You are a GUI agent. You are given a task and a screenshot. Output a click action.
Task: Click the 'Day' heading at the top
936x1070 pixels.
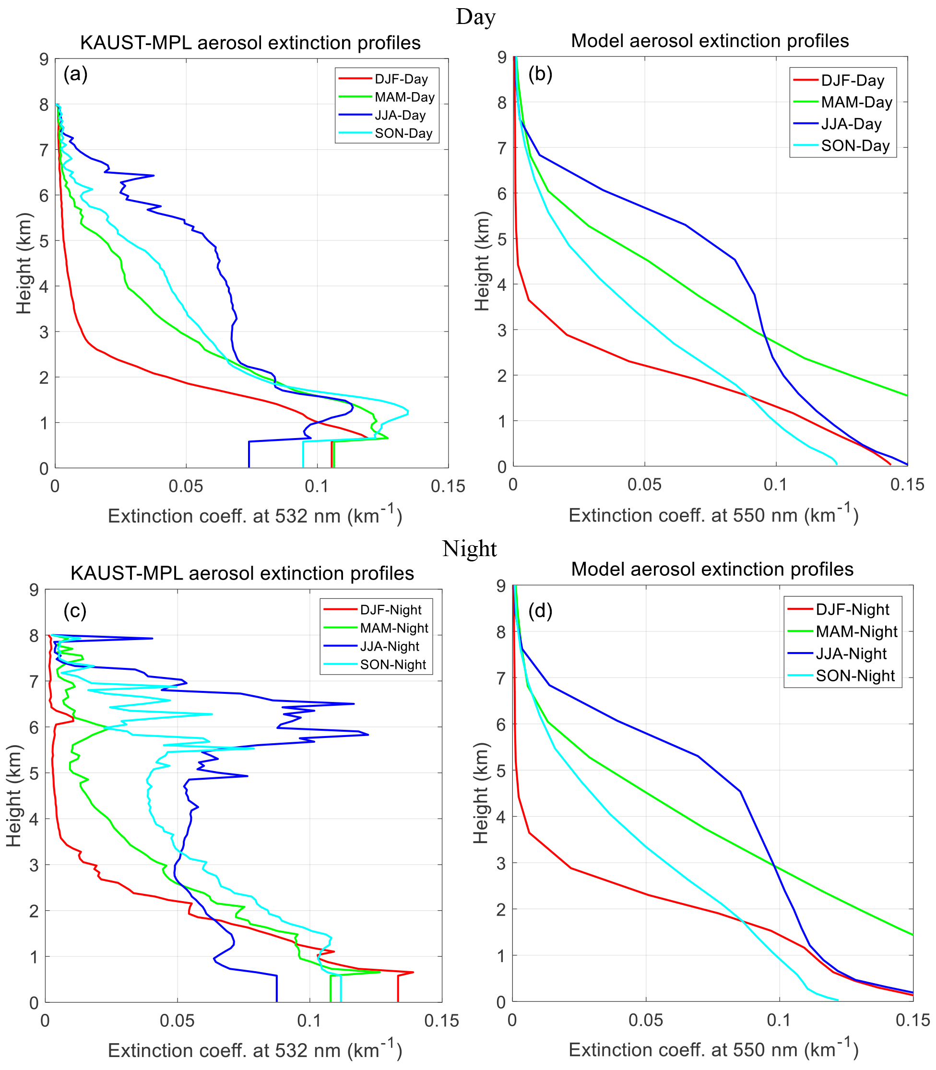pos(475,17)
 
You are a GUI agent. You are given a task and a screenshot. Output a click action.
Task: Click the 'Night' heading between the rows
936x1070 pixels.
pos(469,549)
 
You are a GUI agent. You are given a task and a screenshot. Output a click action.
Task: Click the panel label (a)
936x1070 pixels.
pos(75,74)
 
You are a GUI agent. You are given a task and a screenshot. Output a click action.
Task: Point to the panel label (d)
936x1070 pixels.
pos(540,610)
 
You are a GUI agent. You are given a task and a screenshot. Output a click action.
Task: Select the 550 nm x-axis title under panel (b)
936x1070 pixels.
pos(713,515)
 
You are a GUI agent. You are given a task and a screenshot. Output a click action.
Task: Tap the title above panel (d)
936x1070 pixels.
pos(712,569)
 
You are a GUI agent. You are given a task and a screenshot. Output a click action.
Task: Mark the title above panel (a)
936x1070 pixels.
pos(250,43)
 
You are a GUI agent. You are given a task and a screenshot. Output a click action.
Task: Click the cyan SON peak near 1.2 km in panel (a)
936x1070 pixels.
pos(408,412)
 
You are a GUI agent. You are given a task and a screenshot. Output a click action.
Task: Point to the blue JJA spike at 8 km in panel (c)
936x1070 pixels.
pos(152,639)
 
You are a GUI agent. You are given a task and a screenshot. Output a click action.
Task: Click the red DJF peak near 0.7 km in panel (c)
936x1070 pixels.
pos(413,972)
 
